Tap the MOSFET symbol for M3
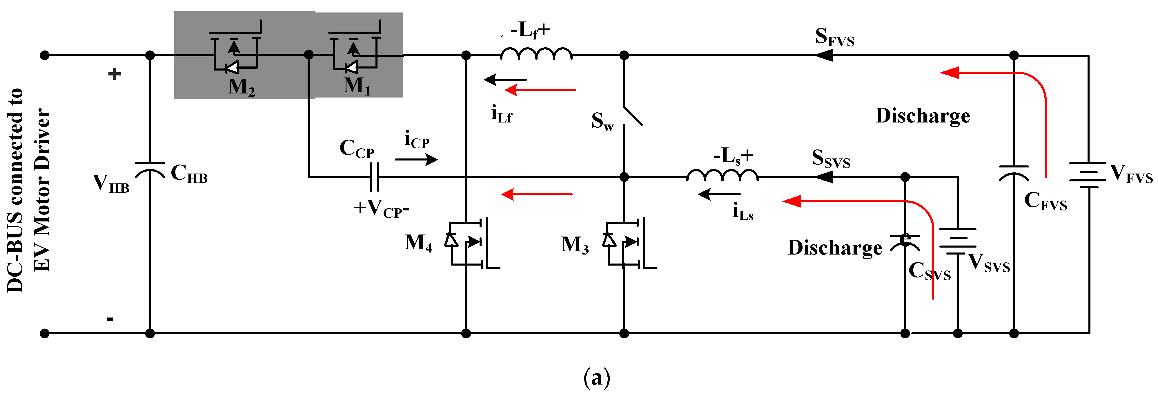(629, 243)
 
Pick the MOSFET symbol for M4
(472, 243)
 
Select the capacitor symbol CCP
(374, 177)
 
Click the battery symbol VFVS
(1088, 176)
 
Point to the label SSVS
(831, 159)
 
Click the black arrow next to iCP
(416, 159)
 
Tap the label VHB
(110, 183)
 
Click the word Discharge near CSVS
(835, 248)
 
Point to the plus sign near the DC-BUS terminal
(115, 74)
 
